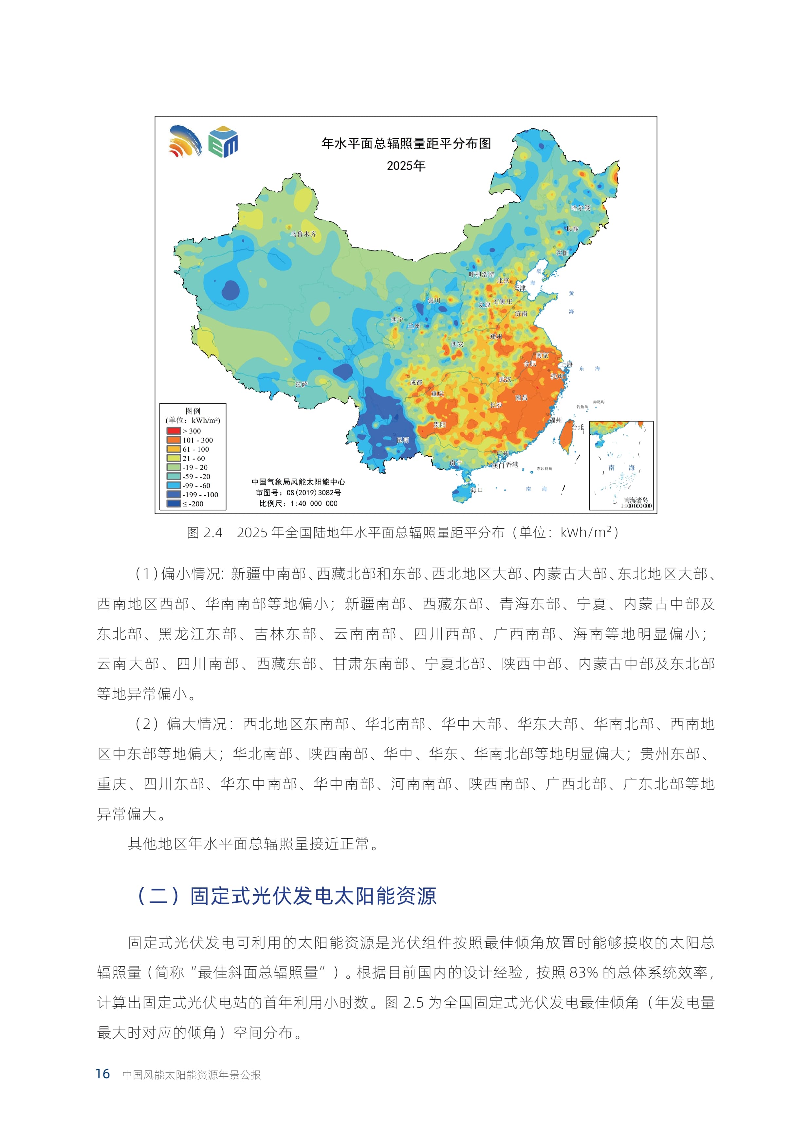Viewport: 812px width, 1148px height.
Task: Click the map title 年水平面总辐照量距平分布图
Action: point(406,143)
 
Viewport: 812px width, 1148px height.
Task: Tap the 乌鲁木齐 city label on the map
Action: point(304,233)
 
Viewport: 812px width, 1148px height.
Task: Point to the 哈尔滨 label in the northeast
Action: point(581,208)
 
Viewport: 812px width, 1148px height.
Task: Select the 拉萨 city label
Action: point(302,384)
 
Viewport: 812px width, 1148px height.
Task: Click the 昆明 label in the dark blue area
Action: point(402,440)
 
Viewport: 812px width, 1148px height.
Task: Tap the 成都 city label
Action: point(416,382)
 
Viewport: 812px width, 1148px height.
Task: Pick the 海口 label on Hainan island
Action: point(476,489)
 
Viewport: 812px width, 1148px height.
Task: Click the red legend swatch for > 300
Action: point(174,430)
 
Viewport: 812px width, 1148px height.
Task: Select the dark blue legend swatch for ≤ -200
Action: point(174,503)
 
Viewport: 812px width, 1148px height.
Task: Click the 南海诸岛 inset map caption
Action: point(636,500)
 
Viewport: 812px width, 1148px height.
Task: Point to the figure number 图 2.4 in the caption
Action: point(205,533)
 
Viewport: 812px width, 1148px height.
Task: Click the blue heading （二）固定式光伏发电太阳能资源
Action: point(286,896)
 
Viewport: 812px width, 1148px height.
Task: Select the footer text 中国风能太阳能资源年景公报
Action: point(192,1074)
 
